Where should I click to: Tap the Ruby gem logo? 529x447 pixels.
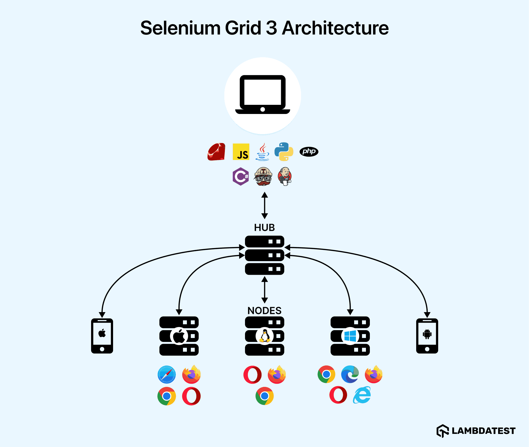[216, 152]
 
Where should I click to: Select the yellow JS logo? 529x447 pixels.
[241, 152]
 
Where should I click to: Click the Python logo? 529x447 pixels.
[284, 152]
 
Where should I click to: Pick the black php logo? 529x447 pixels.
[309, 152]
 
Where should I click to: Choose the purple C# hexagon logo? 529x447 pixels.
[241, 176]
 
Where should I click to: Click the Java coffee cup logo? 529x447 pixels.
[263, 152]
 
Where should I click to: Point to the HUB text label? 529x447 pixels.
[264, 227]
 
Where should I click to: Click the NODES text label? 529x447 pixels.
[264, 311]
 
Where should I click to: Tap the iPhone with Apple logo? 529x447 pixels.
[102, 336]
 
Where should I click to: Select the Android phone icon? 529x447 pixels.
[427, 336]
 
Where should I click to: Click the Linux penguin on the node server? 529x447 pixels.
[265, 336]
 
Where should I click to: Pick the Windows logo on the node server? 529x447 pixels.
[350, 336]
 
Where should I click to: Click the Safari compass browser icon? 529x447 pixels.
[167, 374]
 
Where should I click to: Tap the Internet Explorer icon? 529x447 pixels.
[362, 395]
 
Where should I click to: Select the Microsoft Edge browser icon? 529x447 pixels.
[350, 374]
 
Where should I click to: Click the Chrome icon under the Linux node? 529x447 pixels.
[265, 396]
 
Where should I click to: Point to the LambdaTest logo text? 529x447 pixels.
[483, 431]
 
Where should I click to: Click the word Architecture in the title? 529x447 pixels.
[335, 28]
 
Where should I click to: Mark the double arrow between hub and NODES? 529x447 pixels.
[265, 290]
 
